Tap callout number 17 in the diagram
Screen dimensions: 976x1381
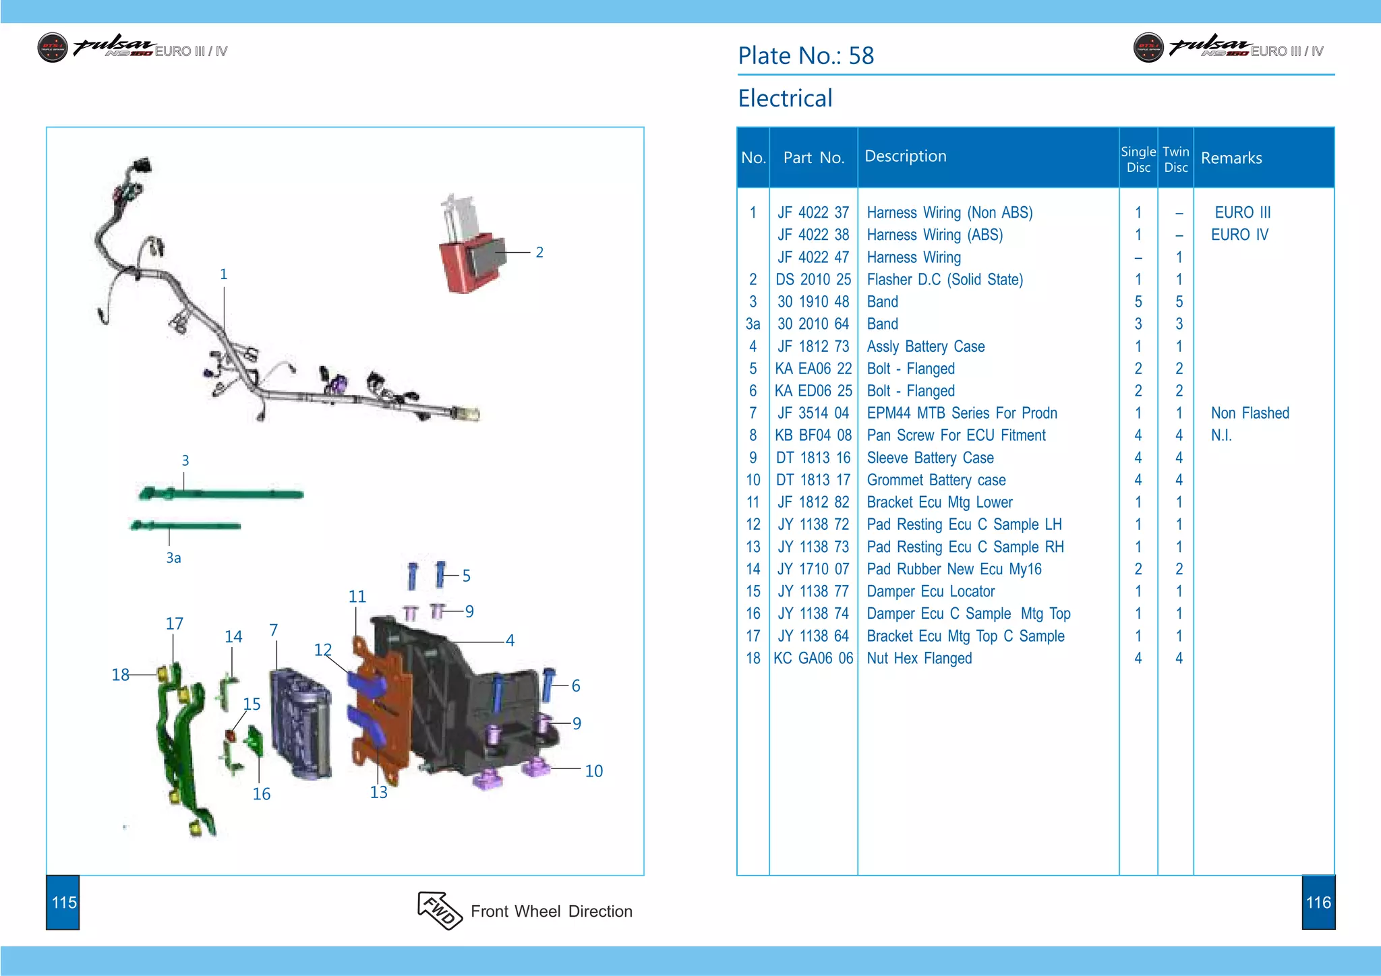(x=174, y=623)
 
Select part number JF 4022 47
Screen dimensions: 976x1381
(x=813, y=257)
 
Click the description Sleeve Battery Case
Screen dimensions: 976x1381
(x=930, y=458)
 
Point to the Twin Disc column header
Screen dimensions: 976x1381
(x=1175, y=159)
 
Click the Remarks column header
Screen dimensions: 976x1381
(x=1231, y=158)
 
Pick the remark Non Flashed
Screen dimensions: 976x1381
(x=1250, y=413)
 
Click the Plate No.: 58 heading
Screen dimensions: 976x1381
(x=806, y=55)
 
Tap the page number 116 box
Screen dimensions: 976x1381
(x=1318, y=903)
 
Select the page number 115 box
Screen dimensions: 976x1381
(x=63, y=903)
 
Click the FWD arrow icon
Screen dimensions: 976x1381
(x=439, y=910)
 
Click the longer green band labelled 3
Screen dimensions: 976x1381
(x=223, y=494)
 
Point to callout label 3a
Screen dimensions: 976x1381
(x=173, y=557)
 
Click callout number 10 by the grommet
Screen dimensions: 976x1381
(x=593, y=770)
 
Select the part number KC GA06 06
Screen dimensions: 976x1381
(x=813, y=658)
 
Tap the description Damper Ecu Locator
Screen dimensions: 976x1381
(x=931, y=591)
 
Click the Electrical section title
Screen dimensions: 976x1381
(x=785, y=98)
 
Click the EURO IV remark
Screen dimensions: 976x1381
(x=1239, y=235)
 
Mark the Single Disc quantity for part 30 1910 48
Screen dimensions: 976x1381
(x=1138, y=301)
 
